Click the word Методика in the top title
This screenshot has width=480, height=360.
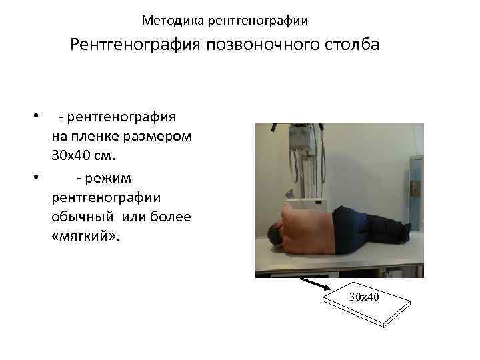pyautogui.click(x=173, y=21)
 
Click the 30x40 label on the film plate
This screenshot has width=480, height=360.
pyautogui.click(x=364, y=295)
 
